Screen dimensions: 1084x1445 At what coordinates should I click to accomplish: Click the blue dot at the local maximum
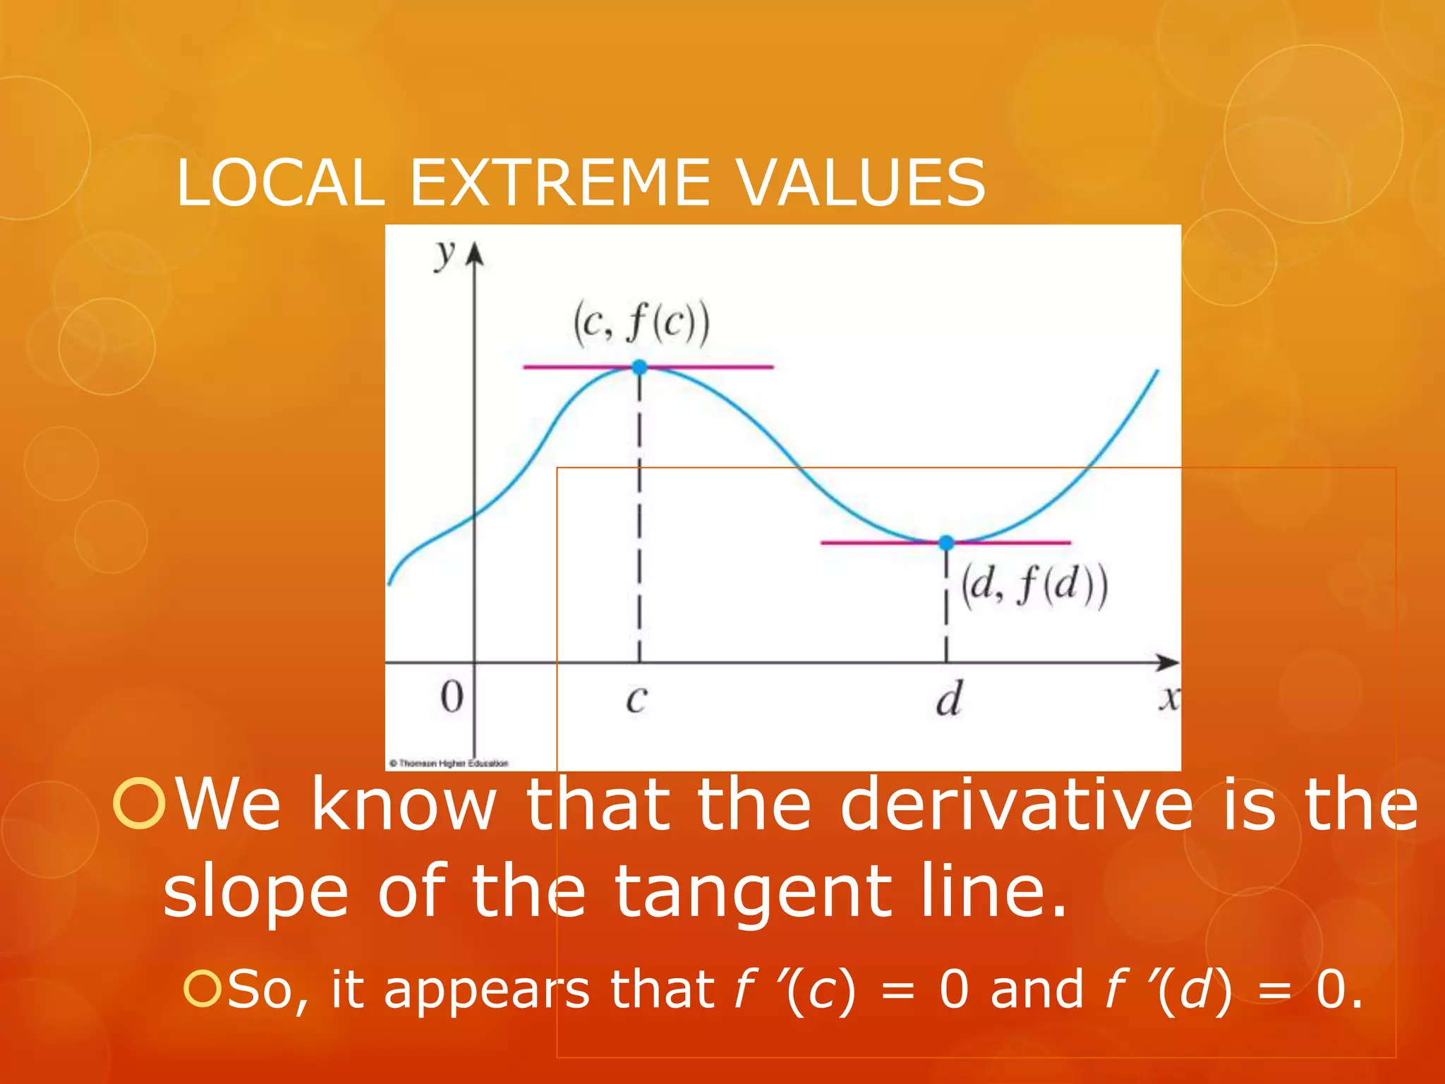(x=639, y=367)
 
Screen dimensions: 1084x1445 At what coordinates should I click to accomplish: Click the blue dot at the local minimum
(x=946, y=542)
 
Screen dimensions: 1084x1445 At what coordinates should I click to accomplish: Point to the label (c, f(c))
(x=641, y=323)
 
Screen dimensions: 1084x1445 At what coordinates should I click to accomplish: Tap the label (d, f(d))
(x=1034, y=586)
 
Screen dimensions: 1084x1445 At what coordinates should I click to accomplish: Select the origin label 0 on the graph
(x=452, y=697)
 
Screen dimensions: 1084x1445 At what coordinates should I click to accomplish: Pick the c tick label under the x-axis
(x=636, y=699)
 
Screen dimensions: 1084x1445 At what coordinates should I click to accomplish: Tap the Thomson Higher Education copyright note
(x=449, y=763)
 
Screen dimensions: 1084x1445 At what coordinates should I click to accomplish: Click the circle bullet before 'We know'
(x=138, y=803)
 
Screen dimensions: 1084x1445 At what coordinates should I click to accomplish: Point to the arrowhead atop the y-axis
(x=476, y=253)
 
